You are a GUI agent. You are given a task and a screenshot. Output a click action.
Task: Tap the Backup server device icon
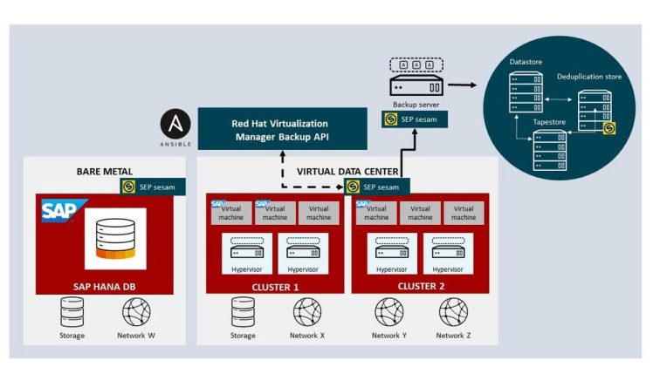(x=415, y=85)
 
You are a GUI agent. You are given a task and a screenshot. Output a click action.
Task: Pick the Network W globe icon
(x=135, y=311)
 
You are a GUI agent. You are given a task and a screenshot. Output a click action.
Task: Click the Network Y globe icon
(x=388, y=311)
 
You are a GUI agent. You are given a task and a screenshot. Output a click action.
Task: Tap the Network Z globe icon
(x=453, y=311)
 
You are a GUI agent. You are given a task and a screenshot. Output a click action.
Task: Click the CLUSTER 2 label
(x=421, y=285)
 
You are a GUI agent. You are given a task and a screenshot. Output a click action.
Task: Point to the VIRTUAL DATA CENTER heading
(x=347, y=173)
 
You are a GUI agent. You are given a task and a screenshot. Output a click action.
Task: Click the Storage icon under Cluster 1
(x=243, y=311)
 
